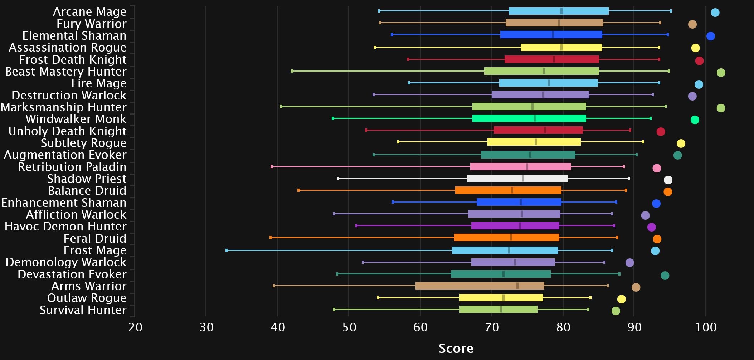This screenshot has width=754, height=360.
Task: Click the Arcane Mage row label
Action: coord(89,12)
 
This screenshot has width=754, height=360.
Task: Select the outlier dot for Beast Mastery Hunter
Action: coord(721,73)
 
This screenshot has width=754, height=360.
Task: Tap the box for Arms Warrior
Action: coord(480,286)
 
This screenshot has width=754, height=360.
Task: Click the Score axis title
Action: coord(456,348)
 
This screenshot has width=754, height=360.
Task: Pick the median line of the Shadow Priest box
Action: coord(523,179)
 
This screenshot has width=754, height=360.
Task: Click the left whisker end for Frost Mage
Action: coord(227,250)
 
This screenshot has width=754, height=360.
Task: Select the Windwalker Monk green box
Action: coord(529,118)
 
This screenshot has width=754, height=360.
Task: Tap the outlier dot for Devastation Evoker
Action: coord(665,276)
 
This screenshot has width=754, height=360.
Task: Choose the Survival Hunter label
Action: coord(83,310)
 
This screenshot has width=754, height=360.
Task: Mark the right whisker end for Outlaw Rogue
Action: coord(590,298)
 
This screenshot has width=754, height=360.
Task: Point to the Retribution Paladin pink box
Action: coord(520,167)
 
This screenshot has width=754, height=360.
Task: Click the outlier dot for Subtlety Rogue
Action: coord(681,143)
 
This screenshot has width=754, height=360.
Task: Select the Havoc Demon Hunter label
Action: coord(65,227)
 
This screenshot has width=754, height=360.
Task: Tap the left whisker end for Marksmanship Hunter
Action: coord(281,107)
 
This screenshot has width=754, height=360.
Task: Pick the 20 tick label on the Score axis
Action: coord(135,327)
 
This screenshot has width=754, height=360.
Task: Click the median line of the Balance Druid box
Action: coord(512,190)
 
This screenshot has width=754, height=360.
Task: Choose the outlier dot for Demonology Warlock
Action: coord(630,263)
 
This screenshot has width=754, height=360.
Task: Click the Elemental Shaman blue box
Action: coord(551,35)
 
